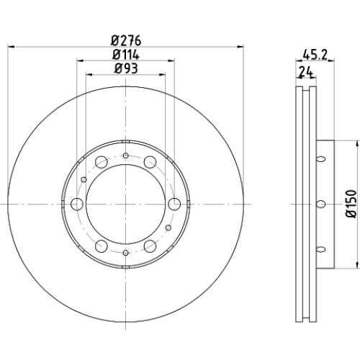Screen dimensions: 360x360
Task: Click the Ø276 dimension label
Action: [126, 40]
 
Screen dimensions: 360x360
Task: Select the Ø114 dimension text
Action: [126, 55]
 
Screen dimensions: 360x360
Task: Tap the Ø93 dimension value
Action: [126, 68]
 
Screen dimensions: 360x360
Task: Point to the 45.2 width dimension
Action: [315, 55]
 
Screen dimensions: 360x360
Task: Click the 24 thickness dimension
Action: [306, 72]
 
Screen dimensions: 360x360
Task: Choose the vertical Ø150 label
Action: [351, 204]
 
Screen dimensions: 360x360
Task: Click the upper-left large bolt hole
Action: [101, 162]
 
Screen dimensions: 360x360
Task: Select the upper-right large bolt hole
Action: [150, 162]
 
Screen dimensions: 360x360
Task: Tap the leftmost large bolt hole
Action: [77, 204]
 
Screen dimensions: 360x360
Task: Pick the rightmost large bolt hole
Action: [174, 204]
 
